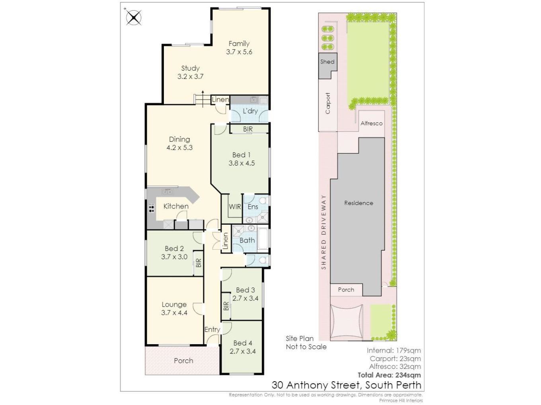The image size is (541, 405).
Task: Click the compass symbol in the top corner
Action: tap(134, 18)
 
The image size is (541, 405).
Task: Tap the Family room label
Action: tap(239, 44)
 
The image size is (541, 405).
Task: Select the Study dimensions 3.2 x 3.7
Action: tap(190, 77)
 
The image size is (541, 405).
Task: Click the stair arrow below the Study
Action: tap(202, 99)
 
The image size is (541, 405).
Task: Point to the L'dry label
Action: tap(250, 111)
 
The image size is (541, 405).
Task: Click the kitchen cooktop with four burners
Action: tap(151, 208)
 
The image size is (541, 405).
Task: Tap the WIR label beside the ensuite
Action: tap(235, 206)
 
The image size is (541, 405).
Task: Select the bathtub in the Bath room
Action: tap(263, 239)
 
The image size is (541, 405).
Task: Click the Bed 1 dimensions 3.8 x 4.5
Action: tap(241, 163)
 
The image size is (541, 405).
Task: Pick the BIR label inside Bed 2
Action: tap(198, 263)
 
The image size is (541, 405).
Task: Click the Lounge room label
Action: tap(174, 305)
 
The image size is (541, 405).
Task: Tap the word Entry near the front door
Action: tap(212, 330)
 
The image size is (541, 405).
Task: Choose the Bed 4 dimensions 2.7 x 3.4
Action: tap(243, 351)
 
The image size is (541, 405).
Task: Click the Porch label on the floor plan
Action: tap(183, 361)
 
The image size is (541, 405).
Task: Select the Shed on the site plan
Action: tap(327, 66)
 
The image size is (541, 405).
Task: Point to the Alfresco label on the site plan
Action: tap(372, 123)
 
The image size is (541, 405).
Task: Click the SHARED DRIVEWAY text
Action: tap(324, 232)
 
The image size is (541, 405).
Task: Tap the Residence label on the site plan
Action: tap(359, 203)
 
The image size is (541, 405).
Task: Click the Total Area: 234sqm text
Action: tap(389, 375)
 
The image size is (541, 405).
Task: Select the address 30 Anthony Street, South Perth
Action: tap(346, 385)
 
